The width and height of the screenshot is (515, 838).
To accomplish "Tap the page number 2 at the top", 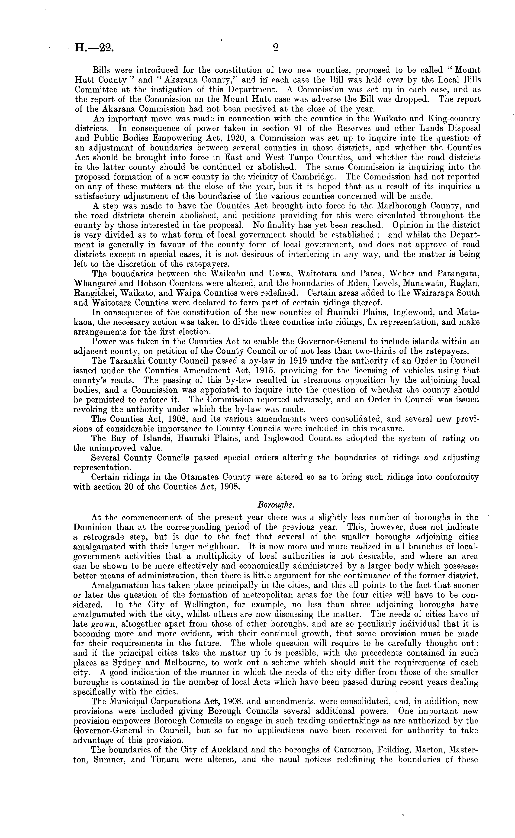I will (276, 48).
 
